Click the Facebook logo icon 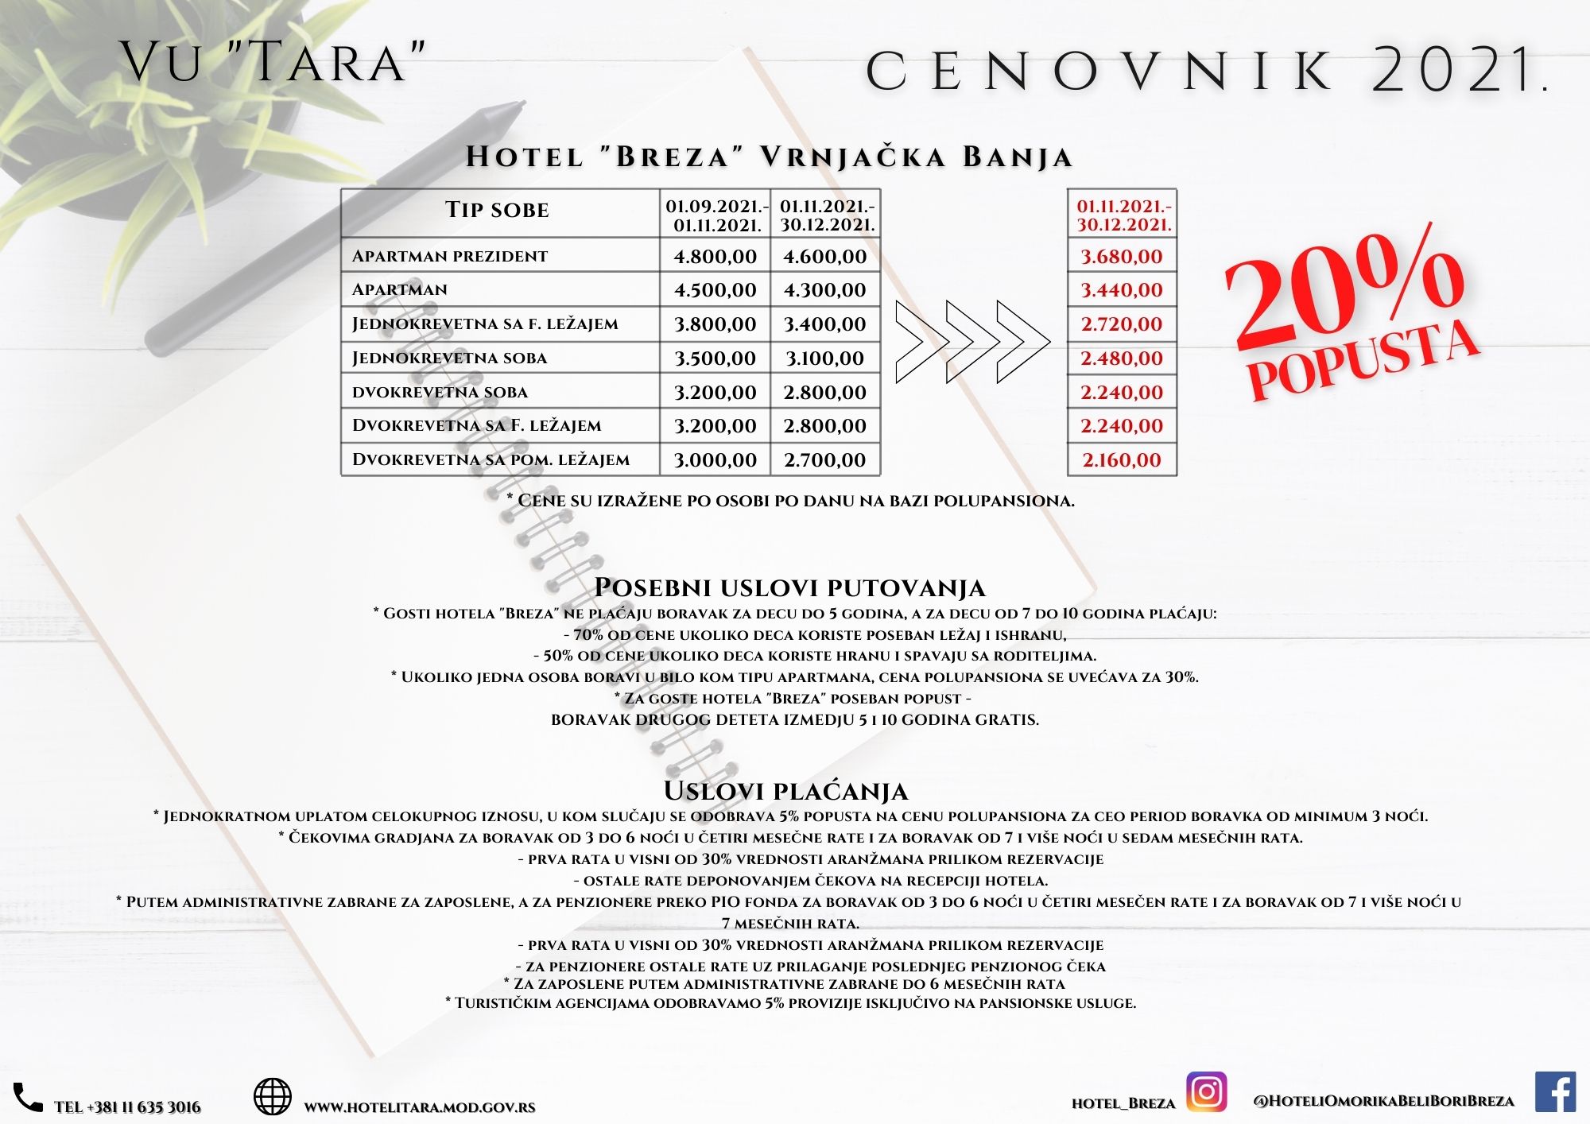click(x=1555, y=1091)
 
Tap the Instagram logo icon click(x=1206, y=1091)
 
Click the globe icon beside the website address click(x=272, y=1097)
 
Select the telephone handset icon click(x=29, y=1098)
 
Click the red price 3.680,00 click(x=1121, y=257)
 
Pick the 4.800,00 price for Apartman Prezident click(x=715, y=257)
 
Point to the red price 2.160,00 click(x=1121, y=459)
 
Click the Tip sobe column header click(x=498, y=211)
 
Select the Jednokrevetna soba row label click(x=450, y=358)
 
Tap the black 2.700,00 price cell click(x=824, y=459)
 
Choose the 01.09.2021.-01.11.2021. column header click(x=716, y=215)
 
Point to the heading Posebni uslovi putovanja click(x=789, y=587)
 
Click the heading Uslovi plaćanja click(x=785, y=791)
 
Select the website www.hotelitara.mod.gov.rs click(x=420, y=1107)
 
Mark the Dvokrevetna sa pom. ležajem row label click(x=491, y=459)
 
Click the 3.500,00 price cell click(x=715, y=358)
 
